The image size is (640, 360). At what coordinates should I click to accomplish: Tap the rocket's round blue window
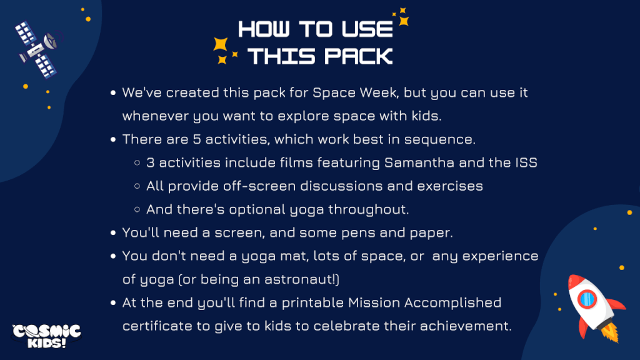[587, 299]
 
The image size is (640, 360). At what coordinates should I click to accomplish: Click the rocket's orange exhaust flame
[610, 332]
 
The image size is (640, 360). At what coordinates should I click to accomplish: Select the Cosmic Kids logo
[46, 336]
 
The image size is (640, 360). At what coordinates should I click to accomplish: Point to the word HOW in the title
[264, 29]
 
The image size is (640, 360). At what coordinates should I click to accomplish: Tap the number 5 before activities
[197, 139]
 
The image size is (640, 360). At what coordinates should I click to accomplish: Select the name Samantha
[419, 162]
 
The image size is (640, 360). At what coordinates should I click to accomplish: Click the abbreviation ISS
[526, 162]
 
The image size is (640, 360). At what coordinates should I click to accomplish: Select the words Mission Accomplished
[424, 303]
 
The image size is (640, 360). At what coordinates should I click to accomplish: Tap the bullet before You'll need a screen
[113, 233]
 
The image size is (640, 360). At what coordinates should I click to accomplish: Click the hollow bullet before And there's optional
[137, 209]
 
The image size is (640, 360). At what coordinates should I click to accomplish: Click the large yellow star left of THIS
[221, 44]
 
